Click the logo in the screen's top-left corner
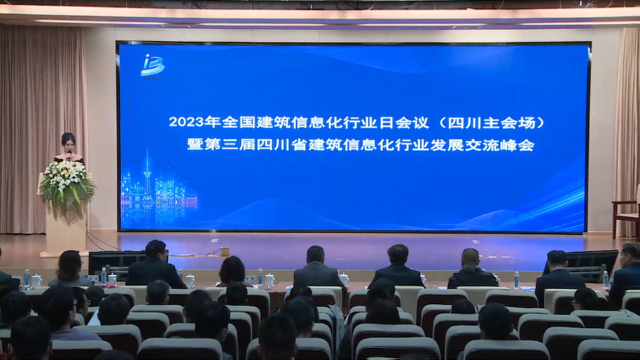click(151, 65)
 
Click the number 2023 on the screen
click(186, 122)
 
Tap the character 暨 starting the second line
click(193, 145)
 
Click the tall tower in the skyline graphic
click(147, 179)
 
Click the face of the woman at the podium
click(69, 141)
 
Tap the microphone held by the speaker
click(69, 151)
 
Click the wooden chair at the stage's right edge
click(626, 214)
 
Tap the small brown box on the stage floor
click(225, 250)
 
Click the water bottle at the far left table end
click(27, 279)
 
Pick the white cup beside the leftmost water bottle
click(36, 281)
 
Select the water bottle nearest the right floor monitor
click(605, 279)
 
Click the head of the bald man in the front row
click(470, 258)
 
